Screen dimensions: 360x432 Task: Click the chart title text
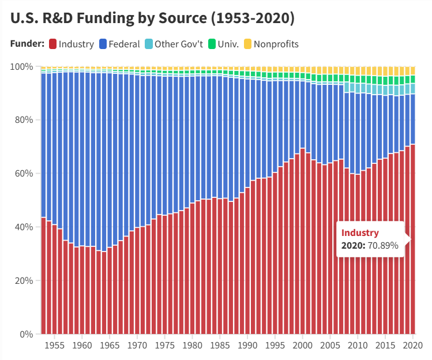tap(152, 18)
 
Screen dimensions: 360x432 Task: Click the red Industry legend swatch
tap(52, 44)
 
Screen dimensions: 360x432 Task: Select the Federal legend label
tap(124, 44)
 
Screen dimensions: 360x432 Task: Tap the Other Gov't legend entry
tap(173, 44)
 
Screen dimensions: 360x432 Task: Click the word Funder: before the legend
tap(27, 44)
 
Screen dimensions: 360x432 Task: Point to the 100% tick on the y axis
tap(22, 67)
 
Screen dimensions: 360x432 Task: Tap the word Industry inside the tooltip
tap(360, 233)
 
